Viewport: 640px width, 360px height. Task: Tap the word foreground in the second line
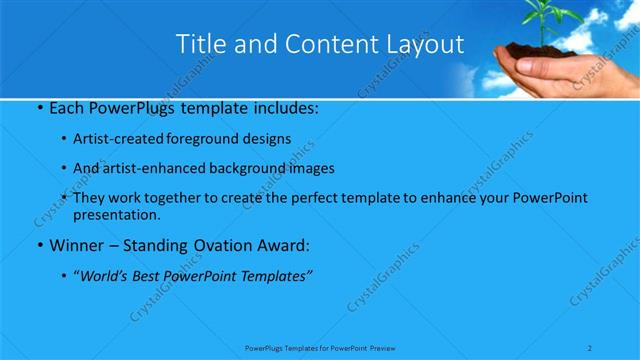tap(199, 139)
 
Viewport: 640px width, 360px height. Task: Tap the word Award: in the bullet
tap(279, 245)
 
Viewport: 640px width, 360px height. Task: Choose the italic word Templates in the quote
tap(273, 276)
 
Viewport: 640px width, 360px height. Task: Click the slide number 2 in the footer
tap(592, 347)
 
